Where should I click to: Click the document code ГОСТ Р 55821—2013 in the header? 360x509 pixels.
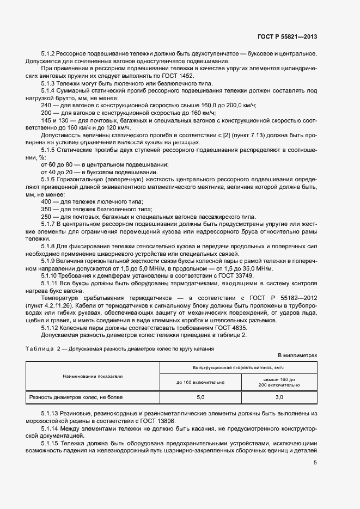(x=287, y=36)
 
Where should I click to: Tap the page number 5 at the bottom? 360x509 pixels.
(x=315, y=463)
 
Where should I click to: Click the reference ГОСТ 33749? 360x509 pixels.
(x=237, y=277)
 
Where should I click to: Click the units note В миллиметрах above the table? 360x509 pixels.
(x=297, y=355)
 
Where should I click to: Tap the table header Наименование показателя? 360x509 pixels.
(x=92, y=376)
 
